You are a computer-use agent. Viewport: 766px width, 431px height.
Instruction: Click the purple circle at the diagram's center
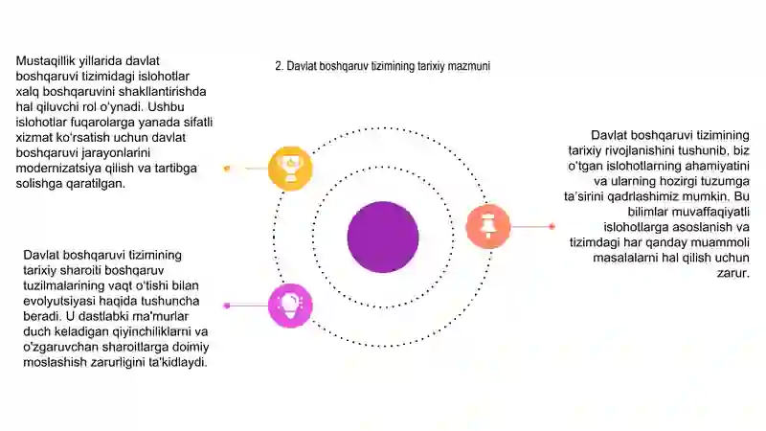click(x=383, y=237)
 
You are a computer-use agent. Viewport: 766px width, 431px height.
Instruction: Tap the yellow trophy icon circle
click(x=290, y=169)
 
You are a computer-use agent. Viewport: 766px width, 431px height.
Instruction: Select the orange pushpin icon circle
click(x=488, y=226)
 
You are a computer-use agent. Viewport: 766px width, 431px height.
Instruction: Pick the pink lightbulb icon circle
click(x=290, y=306)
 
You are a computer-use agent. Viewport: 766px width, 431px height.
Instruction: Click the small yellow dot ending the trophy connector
click(x=227, y=169)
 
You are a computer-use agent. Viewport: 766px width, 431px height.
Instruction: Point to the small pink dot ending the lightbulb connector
click(x=227, y=306)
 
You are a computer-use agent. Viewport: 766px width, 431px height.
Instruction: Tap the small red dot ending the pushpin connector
click(x=552, y=226)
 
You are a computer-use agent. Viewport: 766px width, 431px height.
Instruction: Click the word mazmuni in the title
click(x=468, y=66)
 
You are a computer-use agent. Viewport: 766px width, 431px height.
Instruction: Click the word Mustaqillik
click(x=46, y=61)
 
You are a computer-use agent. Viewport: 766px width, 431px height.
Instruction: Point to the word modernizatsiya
click(x=58, y=169)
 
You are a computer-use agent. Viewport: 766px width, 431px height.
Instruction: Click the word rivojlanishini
click(x=642, y=151)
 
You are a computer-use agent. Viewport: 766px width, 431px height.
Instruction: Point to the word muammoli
click(x=727, y=242)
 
